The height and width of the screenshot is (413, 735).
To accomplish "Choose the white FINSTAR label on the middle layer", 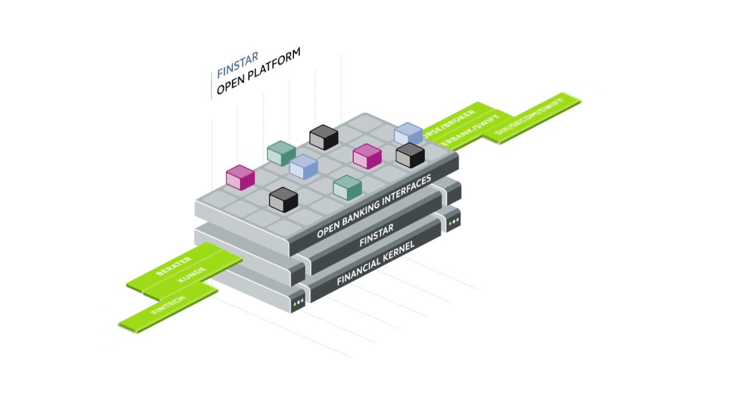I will coord(376,235).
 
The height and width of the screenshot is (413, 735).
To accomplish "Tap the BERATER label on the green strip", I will coord(173,267).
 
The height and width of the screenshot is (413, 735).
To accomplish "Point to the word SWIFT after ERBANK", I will coord(486,124).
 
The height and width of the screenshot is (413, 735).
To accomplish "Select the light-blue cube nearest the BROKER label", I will coord(408,134).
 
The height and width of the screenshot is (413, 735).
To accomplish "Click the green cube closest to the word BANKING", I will coord(347,188).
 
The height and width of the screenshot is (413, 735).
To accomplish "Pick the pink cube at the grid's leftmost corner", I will coord(240,177).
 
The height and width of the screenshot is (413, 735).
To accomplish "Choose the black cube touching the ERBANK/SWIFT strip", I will coord(410,155).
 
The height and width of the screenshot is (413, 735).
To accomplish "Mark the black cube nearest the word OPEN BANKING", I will coord(283,199).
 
